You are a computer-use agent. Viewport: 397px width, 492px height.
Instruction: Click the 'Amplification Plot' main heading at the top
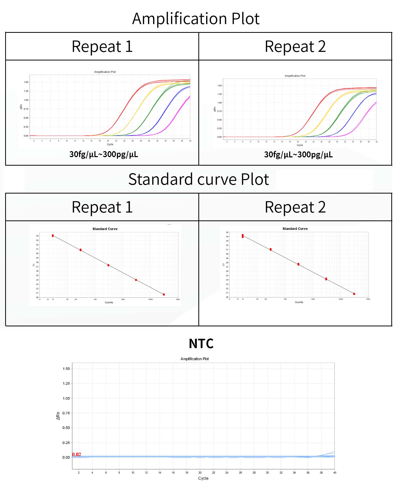pos(196,19)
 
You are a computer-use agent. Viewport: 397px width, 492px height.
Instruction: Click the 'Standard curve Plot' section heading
pos(198,179)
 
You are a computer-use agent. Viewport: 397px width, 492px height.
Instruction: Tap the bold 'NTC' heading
pos(201,343)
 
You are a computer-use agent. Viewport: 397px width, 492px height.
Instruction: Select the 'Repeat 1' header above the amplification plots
pos(102,47)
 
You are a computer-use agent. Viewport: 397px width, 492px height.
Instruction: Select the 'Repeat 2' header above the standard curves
pos(295,207)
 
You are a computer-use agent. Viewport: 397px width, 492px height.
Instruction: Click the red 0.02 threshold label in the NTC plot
pos(77,454)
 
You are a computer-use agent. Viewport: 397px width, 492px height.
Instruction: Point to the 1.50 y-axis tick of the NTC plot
pos(66,369)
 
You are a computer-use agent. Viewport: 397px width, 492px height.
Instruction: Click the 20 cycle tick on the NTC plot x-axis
pos(200,472)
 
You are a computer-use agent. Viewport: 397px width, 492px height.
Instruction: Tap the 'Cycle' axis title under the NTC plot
pos(203,478)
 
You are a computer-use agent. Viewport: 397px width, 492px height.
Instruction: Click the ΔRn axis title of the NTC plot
pos(58,416)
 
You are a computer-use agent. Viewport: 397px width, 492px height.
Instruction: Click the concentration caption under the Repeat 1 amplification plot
pos(103,154)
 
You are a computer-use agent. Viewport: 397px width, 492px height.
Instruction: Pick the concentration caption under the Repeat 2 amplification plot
pos(298,155)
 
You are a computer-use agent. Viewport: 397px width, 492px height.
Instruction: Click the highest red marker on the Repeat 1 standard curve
pos(53,236)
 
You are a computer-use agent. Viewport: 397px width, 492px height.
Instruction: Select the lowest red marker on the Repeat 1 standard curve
pos(164,294)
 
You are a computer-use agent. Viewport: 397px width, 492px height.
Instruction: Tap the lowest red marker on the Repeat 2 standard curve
pos(354,294)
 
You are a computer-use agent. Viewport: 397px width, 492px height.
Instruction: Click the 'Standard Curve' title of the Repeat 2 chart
pos(295,229)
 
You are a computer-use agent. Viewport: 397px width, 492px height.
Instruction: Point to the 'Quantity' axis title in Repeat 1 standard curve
pos(109,302)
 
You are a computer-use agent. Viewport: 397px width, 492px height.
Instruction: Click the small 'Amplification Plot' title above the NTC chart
pos(194,359)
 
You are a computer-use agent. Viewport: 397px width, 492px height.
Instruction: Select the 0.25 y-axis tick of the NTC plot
pos(66,443)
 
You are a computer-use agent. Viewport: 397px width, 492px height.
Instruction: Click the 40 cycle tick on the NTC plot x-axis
pos(335,472)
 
